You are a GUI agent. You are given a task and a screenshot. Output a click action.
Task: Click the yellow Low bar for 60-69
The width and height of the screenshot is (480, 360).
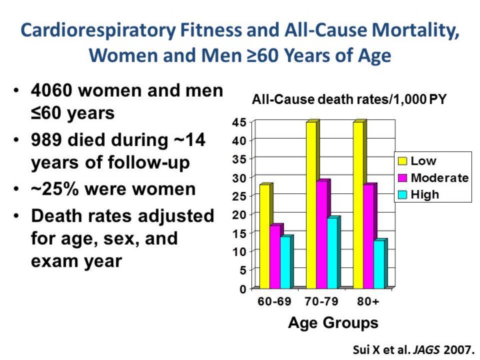[265, 236]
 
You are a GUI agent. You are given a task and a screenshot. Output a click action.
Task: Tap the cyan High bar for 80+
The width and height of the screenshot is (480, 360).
[378, 263]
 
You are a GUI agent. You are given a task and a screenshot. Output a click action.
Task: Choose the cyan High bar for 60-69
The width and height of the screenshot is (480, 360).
[285, 261]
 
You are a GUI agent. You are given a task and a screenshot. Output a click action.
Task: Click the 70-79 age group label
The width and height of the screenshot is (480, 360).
[322, 301]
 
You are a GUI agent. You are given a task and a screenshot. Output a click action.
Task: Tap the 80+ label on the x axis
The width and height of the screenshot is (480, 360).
[367, 301]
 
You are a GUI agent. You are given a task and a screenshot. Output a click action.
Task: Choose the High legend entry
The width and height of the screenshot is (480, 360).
[425, 195]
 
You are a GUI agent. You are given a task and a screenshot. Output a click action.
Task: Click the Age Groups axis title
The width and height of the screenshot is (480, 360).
[333, 323]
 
